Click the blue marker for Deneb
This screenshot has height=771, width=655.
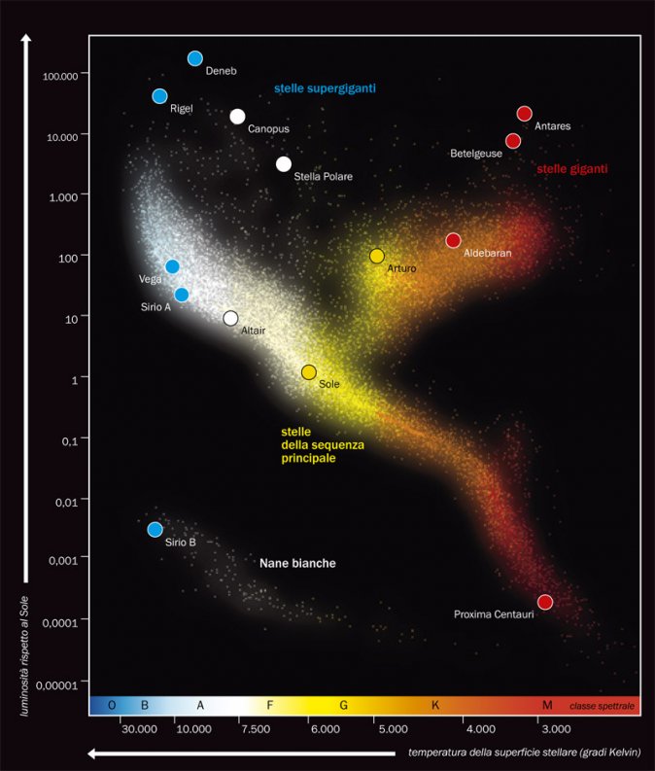(195, 58)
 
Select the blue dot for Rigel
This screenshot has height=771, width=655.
(160, 95)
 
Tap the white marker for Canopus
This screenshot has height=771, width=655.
(238, 117)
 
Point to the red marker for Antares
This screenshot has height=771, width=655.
(525, 114)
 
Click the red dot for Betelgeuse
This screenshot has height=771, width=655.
(513, 141)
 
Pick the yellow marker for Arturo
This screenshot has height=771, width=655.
(377, 256)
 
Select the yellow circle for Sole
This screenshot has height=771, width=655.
(309, 372)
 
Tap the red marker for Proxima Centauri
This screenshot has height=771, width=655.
(544, 602)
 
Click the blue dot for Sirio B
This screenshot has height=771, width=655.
(155, 529)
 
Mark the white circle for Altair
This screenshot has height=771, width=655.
(230, 318)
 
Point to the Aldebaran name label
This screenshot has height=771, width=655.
(487, 253)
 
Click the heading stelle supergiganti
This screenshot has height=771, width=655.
(325, 88)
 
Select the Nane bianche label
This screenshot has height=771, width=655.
(297, 563)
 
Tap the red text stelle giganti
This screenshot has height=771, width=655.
(572, 168)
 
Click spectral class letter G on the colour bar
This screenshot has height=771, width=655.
(344, 705)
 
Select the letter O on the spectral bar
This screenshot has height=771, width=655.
(113, 705)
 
